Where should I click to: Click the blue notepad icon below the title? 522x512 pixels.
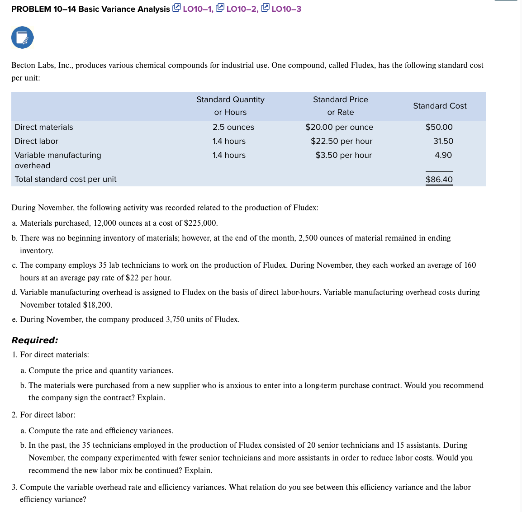(x=23, y=38)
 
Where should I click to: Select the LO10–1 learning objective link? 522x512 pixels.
(x=193, y=9)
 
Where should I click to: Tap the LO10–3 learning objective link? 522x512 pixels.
(x=281, y=9)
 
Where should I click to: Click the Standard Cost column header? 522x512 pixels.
(x=439, y=106)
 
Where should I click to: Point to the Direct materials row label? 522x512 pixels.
(x=43, y=127)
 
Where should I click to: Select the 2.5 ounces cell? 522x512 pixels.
(x=233, y=127)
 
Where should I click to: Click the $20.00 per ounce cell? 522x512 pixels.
(x=339, y=127)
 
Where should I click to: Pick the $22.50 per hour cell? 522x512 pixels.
(x=341, y=141)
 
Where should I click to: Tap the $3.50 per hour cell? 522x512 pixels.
(x=343, y=155)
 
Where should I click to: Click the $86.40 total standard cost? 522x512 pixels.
(x=439, y=180)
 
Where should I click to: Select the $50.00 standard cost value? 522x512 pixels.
(x=439, y=127)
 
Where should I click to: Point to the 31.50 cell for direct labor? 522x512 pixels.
(x=443, y=141)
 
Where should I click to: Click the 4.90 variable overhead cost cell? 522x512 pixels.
(x=443, y=155)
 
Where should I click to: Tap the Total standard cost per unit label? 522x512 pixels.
(x=66, y=179)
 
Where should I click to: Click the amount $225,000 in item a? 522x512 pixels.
(x=200, y=223)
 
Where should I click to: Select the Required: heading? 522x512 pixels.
(x=35, y=340)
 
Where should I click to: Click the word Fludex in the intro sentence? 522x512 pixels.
(x=363, y=65)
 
